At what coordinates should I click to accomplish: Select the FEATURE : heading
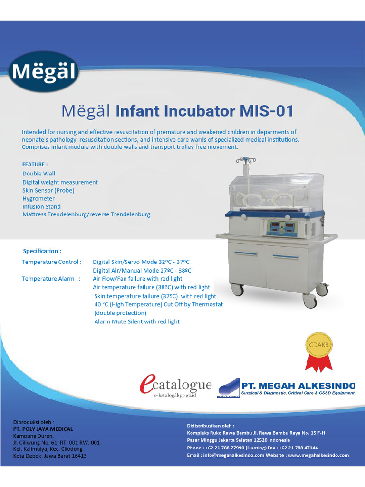(35, 164)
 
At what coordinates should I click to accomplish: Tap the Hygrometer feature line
(38, 198)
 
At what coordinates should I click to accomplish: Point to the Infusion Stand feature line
(41, 206)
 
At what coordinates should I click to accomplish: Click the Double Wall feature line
(38, 174)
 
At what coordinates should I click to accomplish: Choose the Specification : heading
(42, 251)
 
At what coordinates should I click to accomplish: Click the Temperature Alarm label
(48, 279)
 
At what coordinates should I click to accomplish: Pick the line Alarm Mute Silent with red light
(137, 322)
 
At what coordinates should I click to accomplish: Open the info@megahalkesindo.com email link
(233, 455)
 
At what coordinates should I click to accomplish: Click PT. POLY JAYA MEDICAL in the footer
(43, 429)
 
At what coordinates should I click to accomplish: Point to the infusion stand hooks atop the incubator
(246, 160)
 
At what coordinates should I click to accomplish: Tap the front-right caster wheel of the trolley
(310, 301)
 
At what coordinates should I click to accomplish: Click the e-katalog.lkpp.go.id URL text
(175, 395)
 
